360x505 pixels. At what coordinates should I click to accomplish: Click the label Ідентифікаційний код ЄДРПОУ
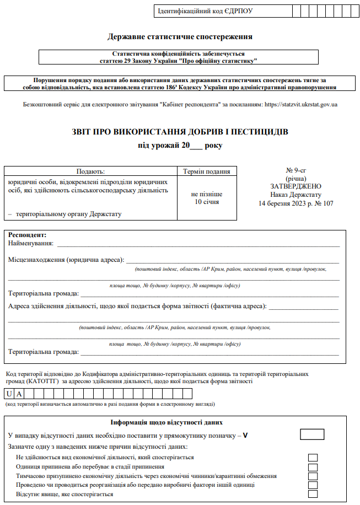(x=205, y=11)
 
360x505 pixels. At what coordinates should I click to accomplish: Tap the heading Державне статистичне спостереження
(x=180, y=37)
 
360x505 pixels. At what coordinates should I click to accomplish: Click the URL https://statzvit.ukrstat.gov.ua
(x=301, y=104)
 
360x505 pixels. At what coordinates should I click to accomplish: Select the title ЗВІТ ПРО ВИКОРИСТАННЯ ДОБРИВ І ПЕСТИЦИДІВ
(x=180, y=132)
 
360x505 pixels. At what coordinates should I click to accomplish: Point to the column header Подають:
(x=90, y=171)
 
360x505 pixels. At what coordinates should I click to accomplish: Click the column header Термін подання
(x=207, y=171)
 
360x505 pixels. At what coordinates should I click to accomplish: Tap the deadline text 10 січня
(x=207, y=202)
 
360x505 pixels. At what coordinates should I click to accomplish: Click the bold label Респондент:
(x=28, y=235)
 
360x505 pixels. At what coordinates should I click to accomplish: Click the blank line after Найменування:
(x=198, y=243)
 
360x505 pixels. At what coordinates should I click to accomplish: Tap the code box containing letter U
(x=9, y=394)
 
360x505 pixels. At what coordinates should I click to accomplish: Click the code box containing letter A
(x=19, y=394)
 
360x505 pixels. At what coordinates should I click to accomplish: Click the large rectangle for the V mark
(x=312, y=434)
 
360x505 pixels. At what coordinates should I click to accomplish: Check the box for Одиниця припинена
(x=313, y=466)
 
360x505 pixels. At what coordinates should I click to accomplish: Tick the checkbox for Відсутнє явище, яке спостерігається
(x=313, y=494)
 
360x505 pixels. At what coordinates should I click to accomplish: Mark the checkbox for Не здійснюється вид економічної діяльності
(x=313, y=457)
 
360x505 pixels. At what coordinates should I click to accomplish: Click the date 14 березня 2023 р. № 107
(x=295, y=203)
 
